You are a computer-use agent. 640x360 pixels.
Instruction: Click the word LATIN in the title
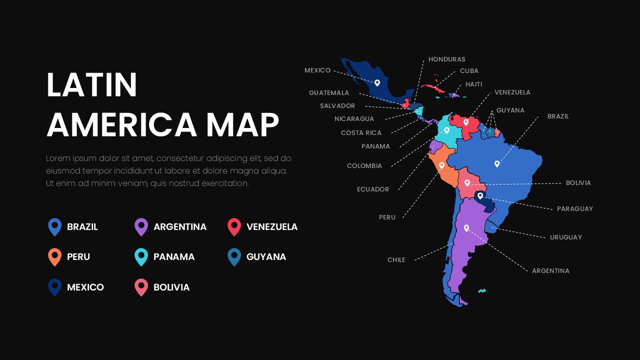point(91,85)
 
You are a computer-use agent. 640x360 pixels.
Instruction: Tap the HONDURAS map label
point(446,59)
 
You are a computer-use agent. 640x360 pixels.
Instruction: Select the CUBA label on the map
point(469,71)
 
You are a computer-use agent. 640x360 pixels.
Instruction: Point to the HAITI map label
point(473,84)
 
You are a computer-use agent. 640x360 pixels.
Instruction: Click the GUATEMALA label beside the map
point(328,93)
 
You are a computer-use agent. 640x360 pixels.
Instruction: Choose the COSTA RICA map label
point(361,133)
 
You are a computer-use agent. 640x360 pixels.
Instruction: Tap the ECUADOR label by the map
point(372,189)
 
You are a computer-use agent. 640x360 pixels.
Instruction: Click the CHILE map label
point(396,260)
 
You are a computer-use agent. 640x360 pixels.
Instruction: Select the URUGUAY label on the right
point(565,237)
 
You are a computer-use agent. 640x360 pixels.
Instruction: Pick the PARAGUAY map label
point(574,209)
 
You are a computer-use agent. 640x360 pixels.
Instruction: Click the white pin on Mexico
point(377,82)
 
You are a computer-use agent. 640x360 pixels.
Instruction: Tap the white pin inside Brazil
point(496,163)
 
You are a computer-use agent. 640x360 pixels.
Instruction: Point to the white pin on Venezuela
point(465,121)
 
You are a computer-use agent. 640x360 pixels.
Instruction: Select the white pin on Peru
point(441,165)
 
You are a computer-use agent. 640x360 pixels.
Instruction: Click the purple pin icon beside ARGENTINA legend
point(141,226)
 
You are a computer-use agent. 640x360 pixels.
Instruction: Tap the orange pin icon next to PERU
point(54,256)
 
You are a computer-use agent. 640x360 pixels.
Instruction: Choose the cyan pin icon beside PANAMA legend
point(141,256)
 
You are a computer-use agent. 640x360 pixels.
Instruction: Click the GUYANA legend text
point(266,257)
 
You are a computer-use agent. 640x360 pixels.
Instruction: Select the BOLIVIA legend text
point(171,287)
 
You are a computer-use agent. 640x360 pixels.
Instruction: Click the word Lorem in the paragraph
point(57,158)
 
